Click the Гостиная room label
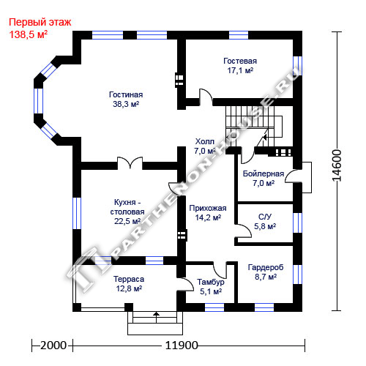pyautogui.click(x=126, y=94)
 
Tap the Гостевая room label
pyautogui.click(x=240, y=61)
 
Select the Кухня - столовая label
pyautogui.click(x=127, y=207)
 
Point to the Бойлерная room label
pyautogui.click(x=264, y=173)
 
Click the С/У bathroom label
pyautogui.click(x=265, y=217)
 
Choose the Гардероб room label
pyautogui.click(x=266, y=267)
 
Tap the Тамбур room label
pyautogui.click(x=211, y=282)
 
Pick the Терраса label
pyautogui.click(x=129, y=279)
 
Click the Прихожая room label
pyautogui.click(x=208, y=209)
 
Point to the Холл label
pyautogui.click(x=205, y=141)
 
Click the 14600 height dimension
pyautogui.click(x=337, y=165)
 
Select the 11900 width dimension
pyautogui.click(x=182, y=346)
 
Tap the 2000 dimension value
pyautogui.click(x=53, y=346)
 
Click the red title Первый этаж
pyautogui.click(x=40, y=22)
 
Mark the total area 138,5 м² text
pyautogui.click(x=29, y=34)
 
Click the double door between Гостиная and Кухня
pyautogui.click(x=130, y=163)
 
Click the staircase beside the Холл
pyautogui.click(x=254, y=127)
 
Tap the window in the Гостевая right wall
pyautogui.click(x=297, y=66)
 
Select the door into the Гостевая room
pyautogui.click(x=206, y=97)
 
